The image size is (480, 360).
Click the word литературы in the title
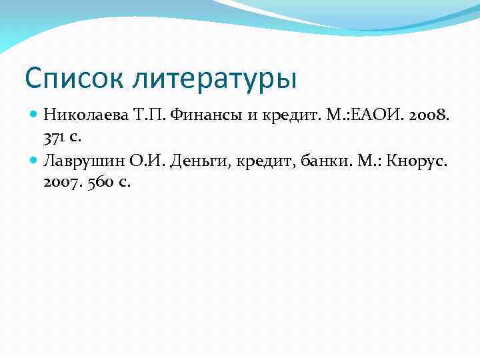[215, 79]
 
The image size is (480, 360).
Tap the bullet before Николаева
[35, 115]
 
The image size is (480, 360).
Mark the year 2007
[60, 183]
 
